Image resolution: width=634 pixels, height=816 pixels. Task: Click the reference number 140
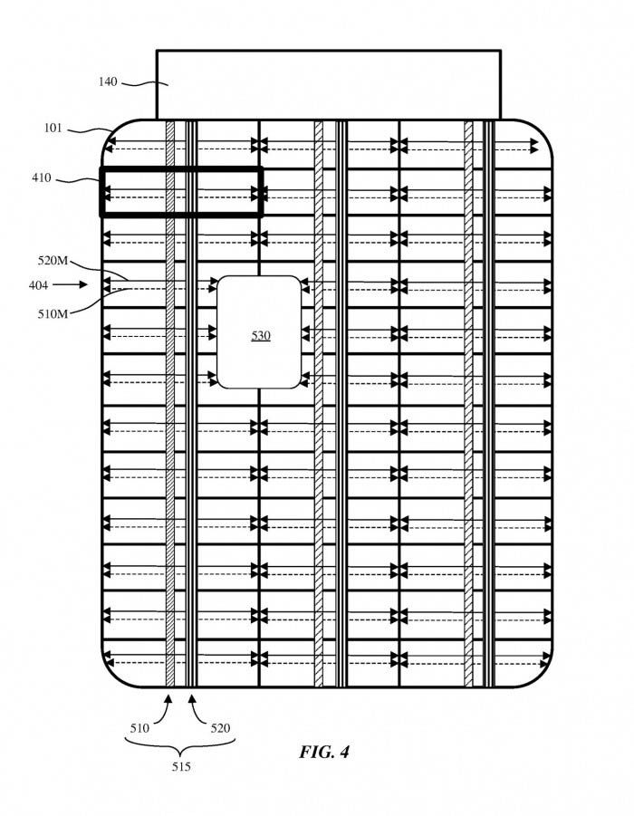[x=108, y=82]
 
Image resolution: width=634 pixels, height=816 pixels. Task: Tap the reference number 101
[x=53, y=128]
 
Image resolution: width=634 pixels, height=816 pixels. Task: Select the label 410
[x=42, y=178]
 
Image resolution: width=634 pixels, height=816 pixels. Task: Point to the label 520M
[x=53, y=261]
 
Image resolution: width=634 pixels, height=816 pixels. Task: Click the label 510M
[x=53, y=314]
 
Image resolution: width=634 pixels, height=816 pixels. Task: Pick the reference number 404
[x=39, y=285]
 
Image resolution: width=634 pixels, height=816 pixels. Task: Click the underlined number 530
[x=261, y=336]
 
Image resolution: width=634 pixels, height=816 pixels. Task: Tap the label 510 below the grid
[x=139, y=728]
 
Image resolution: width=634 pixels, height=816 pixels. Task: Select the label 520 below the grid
[x=220, y=728]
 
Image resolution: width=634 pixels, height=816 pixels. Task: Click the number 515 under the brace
[x=181, y=766]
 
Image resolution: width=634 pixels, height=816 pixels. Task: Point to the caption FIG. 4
[x=324, y=752]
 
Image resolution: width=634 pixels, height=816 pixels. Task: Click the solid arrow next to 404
[x=70, y=284]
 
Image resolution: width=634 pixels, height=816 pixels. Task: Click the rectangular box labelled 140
[x=329, y=85]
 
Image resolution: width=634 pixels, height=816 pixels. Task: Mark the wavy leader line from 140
[x=144, y=82]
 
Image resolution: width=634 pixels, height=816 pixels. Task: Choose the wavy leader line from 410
[x=77, y=180]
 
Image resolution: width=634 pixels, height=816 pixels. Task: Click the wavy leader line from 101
[x=90, y=130]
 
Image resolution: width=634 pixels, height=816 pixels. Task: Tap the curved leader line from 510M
[x=99, y=302]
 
